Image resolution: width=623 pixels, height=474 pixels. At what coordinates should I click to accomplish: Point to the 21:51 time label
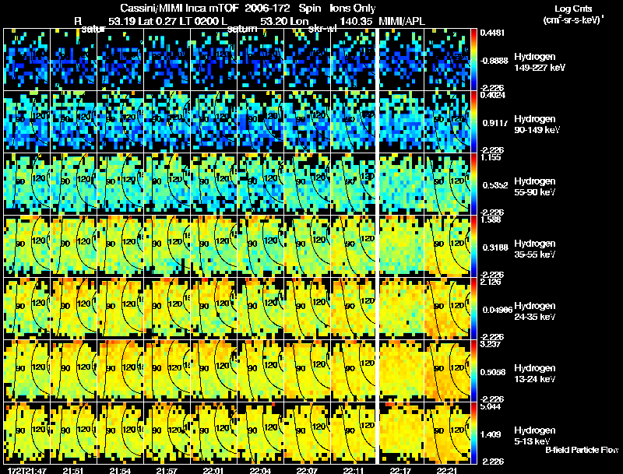click(x=75, y=470)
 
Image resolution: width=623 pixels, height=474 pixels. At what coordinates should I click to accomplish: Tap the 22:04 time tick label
click(x=261, y=470)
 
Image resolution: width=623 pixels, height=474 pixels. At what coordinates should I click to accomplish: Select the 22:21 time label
click(x=446, y=470)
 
